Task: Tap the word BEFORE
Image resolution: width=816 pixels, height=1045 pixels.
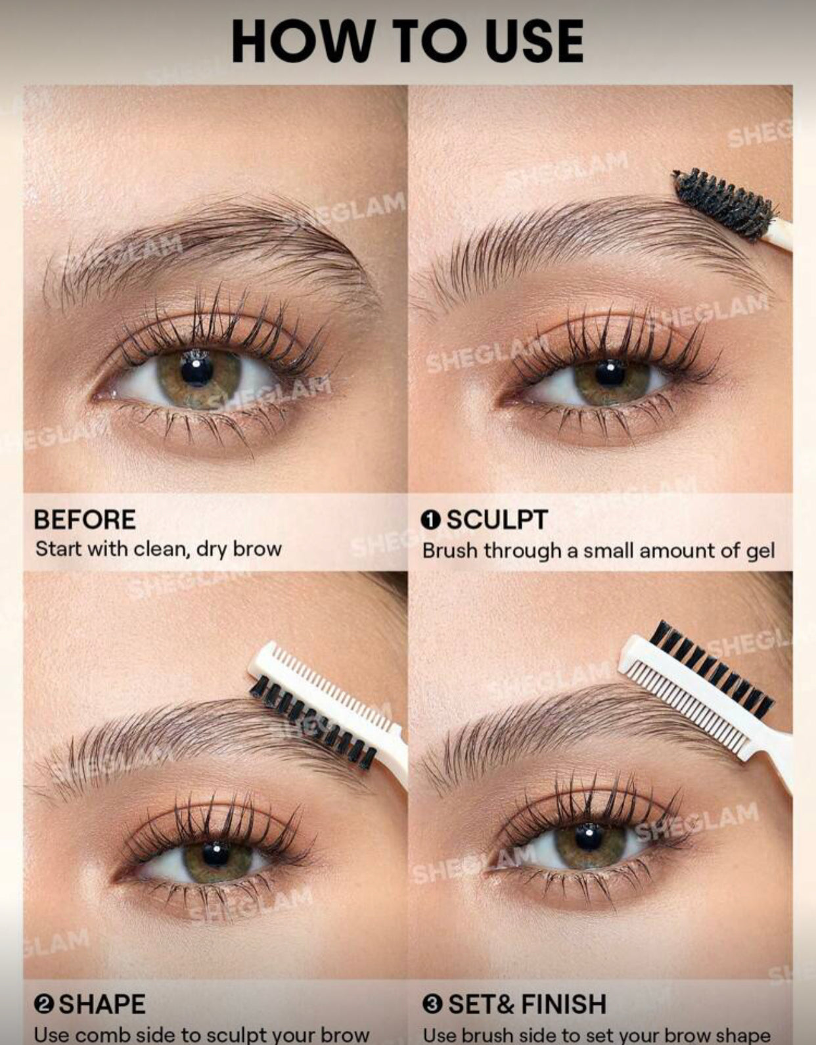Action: pos(85,519)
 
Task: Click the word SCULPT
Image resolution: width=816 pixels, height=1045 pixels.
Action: pos(497,519)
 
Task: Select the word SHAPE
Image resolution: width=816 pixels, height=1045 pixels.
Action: pos(102,1004)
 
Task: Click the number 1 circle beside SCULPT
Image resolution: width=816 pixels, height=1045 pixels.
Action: pos(430,520)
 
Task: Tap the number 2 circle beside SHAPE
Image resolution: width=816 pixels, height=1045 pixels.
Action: pos(44,1004)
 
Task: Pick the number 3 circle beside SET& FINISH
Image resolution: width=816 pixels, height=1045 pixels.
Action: pos(432,1004)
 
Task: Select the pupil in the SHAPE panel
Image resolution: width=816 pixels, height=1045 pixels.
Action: pos(215,854)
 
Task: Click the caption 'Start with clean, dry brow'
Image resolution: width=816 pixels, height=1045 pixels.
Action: pos(158,549)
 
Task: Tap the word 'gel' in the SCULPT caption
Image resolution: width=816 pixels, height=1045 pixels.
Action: pos(760,551)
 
